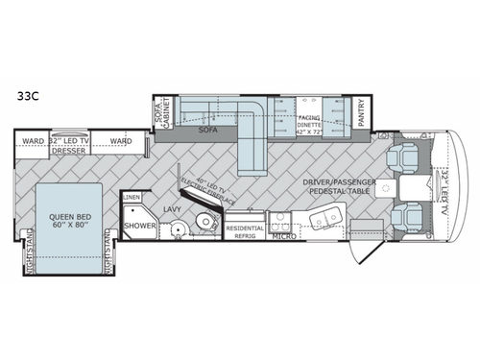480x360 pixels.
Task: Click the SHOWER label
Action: [134, 226]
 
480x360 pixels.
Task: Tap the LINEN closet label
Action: [132, 197]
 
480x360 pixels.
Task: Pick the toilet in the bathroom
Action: [204, 223]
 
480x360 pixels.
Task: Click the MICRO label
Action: [282, 235]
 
